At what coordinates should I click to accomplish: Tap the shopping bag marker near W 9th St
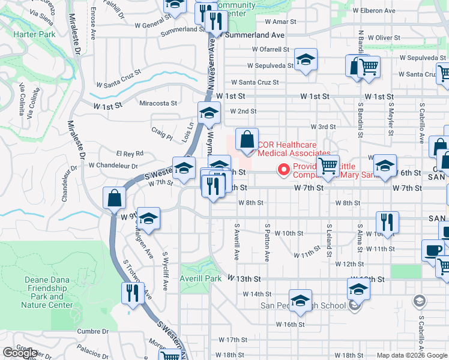coord(114,198)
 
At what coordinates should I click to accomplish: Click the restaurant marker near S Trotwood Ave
coord(131,293)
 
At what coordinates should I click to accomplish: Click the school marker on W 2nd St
coord(209,113)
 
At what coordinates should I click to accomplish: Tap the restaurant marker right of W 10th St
coord(388,222)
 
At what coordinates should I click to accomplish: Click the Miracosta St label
coord(158,103)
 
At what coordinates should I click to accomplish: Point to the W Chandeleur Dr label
coord(113,165)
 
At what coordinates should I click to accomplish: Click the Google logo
coord(20,353)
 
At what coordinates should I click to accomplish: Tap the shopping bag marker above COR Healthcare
coord(247,139)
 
